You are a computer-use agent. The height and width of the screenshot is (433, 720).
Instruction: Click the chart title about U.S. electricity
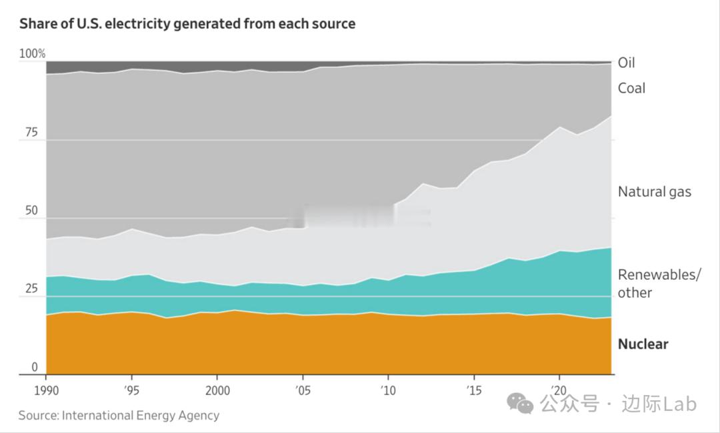(x=187, y=24)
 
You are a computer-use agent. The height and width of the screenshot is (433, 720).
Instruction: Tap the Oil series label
(x=626, y=63)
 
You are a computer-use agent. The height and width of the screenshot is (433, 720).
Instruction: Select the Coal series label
(x=631, y=88)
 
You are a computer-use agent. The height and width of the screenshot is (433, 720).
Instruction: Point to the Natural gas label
(x=654, y=192)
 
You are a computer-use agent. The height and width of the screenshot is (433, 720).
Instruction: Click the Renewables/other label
(x=659, y=283)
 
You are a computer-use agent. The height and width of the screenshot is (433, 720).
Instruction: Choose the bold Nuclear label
(x=643, y=344)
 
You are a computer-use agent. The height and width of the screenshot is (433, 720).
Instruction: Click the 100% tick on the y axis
(x=32, y=53)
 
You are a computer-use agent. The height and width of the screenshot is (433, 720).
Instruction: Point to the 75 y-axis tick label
(x=31, y=133)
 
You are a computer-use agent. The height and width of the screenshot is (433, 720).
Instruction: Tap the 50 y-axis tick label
(x=31, y=211)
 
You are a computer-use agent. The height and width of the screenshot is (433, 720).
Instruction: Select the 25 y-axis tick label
(x=31, y=289)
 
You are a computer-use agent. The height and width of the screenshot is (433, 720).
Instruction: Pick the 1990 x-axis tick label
(x=45, y=388)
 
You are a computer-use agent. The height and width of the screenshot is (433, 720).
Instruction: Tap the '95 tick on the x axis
(x=131, y=388)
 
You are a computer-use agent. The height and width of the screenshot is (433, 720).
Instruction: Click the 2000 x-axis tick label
(x=217, y=388)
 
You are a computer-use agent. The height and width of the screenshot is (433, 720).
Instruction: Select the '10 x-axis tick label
(x=387, y=388)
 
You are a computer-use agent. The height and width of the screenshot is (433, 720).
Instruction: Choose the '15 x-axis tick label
(x=473, y=388)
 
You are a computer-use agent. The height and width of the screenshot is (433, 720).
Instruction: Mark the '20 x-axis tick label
(x=558, y=388)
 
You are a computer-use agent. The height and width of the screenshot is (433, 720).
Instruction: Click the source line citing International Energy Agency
(x=119, y=415)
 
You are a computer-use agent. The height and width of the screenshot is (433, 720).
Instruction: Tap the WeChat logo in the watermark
(x=520, y=403)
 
